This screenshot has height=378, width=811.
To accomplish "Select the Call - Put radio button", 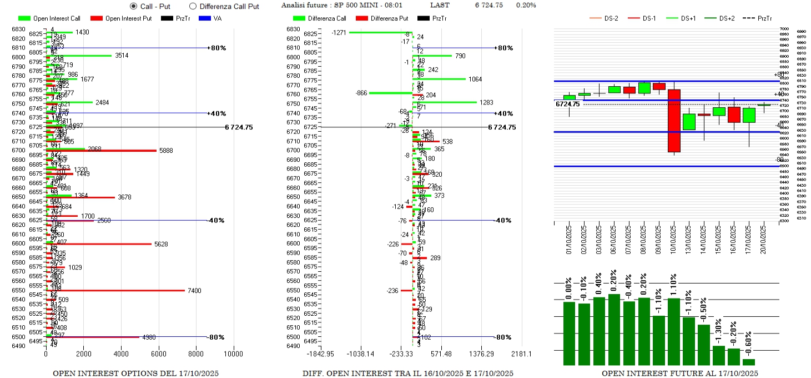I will [133, 6].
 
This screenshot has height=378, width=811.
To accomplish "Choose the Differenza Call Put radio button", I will [193, 6].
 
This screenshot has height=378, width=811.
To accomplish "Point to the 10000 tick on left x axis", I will [233, 354].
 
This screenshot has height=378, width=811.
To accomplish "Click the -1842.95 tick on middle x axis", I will [321, 354].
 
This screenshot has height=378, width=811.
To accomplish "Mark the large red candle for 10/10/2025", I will [674, 121].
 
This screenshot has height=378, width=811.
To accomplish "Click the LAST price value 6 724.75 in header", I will [488, 5].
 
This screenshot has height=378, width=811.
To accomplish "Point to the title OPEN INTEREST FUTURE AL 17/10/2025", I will [679, 373].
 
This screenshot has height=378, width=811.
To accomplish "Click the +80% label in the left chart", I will [218, 48].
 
